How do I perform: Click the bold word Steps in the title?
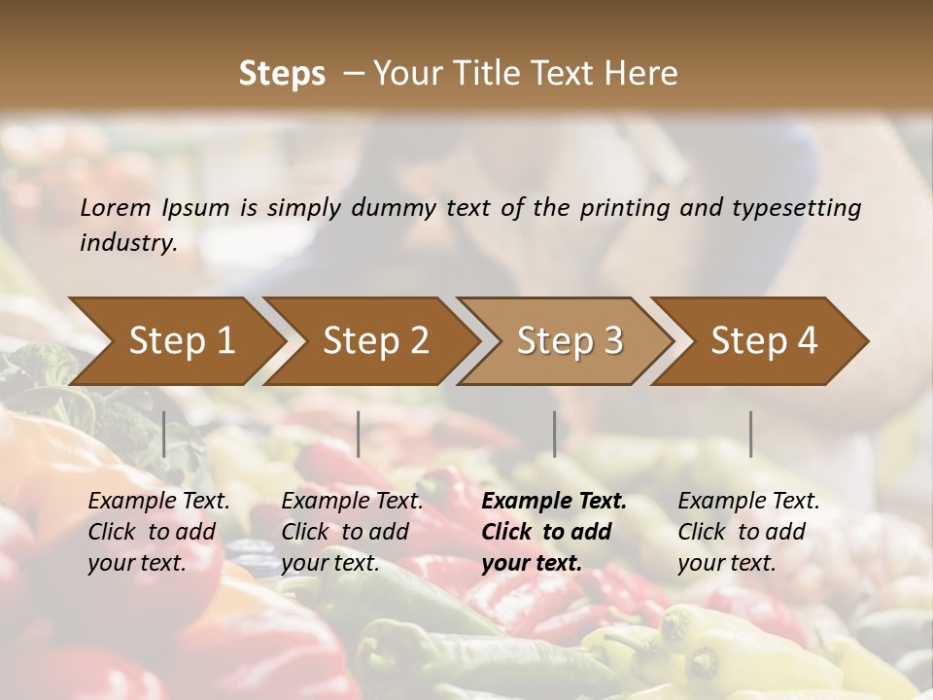[282, 74]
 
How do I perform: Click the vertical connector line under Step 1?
[164, 434]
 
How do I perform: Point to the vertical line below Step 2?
[359, 434]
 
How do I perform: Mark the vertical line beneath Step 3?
[554, 434]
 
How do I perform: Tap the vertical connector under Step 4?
[750, 434]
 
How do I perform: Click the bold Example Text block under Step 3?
[554, 532]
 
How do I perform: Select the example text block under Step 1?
[158, 532]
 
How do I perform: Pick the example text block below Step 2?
[352, 532]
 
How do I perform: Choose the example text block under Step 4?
[748, 532]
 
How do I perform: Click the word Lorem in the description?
[116, 207]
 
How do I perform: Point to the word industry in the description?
[127, 243]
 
